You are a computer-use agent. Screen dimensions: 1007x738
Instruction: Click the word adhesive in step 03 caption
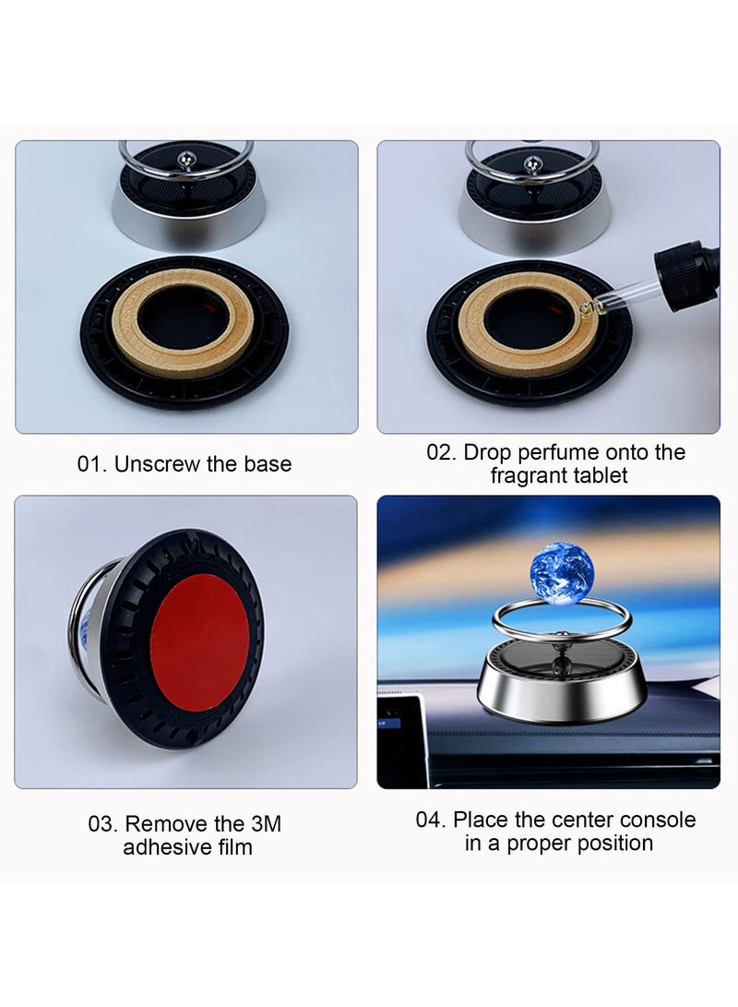coord(162,847)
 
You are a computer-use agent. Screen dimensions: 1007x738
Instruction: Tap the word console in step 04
coord(658,820)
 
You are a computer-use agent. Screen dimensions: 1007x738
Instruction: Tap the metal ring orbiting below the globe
coord(549,629)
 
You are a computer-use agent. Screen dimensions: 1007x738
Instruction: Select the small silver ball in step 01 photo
coord(188,161)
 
